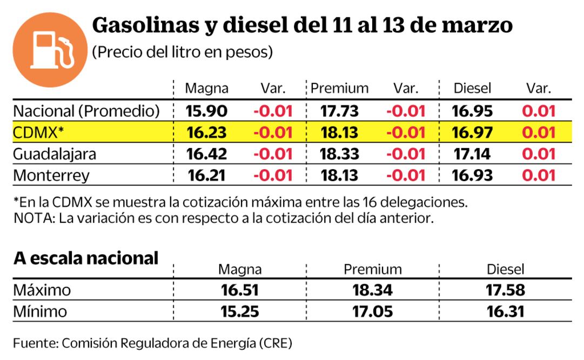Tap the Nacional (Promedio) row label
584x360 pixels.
point(86,111)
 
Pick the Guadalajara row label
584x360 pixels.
point(55,154)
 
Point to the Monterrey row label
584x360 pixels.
point(51,176)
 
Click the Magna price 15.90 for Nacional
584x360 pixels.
point(207,111)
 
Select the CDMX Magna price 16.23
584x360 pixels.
point(207,132)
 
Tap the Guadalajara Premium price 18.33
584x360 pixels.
point(339,154)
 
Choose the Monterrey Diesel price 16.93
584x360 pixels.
point(473,176)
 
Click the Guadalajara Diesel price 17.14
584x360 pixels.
point(473,154)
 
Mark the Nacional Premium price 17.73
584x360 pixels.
point(339,111)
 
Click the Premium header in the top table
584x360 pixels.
point(340,89)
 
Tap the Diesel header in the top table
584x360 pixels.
point(472,89)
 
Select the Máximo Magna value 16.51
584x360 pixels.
point(240,290)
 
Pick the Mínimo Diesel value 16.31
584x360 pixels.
point(505,312)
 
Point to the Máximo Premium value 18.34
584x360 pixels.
point(372,290)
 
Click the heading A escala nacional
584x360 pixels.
point(86,258)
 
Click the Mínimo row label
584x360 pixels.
point(41,312)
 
